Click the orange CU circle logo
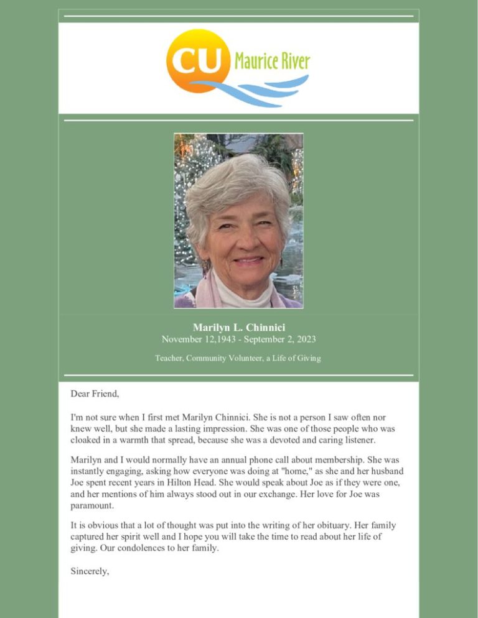(195, 60)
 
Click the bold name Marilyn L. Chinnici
(238, 327)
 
